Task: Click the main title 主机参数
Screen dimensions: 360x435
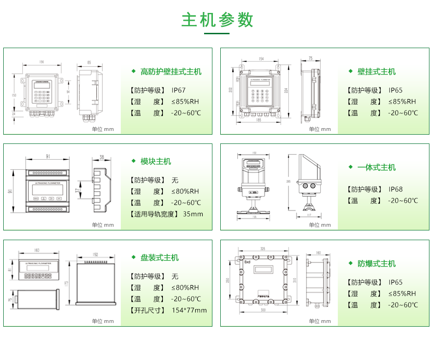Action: (x=217, y=20)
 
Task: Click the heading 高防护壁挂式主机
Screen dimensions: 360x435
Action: (x=171, y=72)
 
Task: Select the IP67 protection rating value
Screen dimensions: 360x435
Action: (x=178, y=90)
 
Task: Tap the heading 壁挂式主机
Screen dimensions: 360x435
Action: (x=376, y=72)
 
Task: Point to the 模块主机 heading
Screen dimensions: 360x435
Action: (x=155, y=161)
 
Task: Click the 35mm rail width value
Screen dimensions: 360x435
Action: (x=193, y=214)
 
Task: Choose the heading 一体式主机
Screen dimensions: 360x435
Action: (x=376, y=168)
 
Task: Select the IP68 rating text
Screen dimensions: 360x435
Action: (x=396, y=189)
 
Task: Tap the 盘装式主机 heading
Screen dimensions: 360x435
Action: (x=159, y=258)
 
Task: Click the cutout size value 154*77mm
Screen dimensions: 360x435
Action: (x=189, y=310)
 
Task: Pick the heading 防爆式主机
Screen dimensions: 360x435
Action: (x=376, y=264)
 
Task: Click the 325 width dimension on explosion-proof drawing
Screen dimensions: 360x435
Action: (x=262, y=249)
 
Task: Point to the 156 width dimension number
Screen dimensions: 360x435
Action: (x=42, y=62)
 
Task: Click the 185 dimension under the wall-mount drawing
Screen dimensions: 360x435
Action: (x=259, y=120)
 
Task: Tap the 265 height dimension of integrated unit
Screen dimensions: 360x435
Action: (x=289, y=181)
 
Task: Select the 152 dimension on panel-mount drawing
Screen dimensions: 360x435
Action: (x=95, y=254)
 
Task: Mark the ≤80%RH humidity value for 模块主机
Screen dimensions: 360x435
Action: (x=185, y=191)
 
